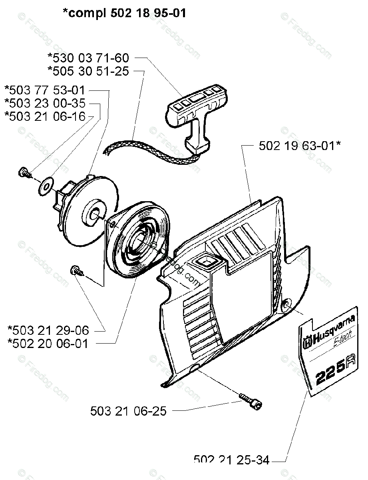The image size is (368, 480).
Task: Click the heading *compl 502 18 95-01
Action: (124, 13)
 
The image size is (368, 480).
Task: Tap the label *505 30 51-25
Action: (88, 71)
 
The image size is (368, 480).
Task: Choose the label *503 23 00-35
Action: (45, 103)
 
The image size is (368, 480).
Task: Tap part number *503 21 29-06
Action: (48, 330)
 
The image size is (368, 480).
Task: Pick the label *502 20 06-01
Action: (48, 343)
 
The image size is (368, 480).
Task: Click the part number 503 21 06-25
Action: (128, 411)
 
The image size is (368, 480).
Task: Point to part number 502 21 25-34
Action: (231, 460)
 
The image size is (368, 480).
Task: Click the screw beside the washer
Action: (24, 173)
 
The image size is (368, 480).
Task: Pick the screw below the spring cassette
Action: (76, 270)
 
